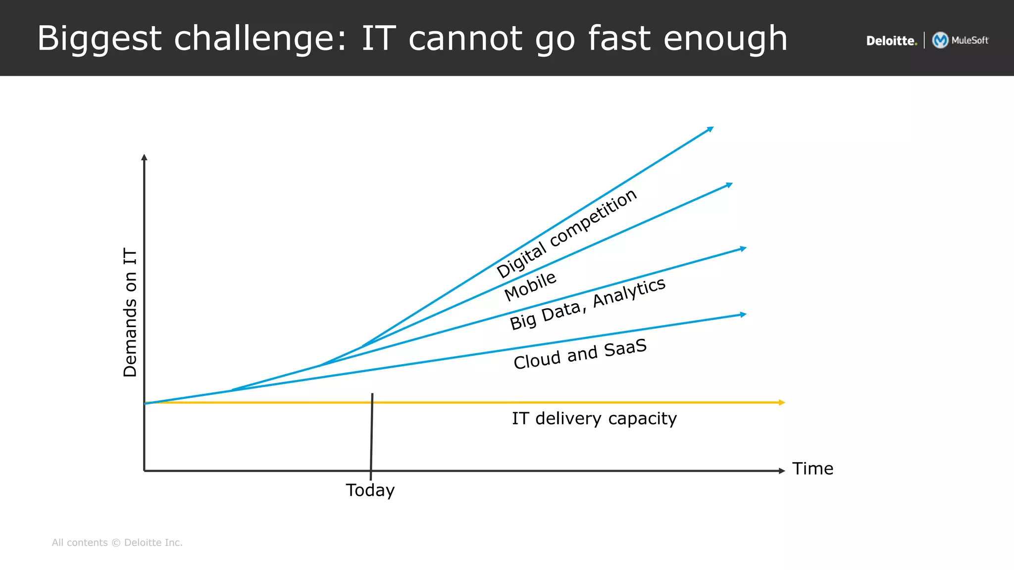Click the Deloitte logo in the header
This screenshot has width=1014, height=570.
click(891, 41)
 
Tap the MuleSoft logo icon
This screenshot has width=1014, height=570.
click(940, 40)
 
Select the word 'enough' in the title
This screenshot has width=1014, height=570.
click(725, 39)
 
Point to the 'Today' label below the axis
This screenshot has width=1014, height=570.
click(370, 490)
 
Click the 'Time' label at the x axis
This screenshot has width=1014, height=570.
click(812, 468)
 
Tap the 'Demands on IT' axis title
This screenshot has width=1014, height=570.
click(130, 313)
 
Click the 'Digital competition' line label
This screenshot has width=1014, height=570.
click(566, 234)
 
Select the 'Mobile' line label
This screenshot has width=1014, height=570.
click(530, 286)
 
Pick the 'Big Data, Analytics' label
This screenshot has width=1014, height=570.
click(588, 303)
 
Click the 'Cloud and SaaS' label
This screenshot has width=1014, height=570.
click(580, 354)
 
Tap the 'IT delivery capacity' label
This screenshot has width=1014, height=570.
click(594, 419)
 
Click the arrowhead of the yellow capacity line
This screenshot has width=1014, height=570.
click(782, 402)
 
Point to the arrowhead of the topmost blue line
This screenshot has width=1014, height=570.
click(710, 129)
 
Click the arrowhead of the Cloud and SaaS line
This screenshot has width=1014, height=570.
click(743, 314)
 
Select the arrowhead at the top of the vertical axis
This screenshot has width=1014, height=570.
click(144, 157)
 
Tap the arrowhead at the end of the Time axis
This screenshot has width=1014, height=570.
click(782, 471)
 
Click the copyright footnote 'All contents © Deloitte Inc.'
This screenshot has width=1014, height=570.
click(117, 542)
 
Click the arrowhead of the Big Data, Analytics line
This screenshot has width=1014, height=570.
click(743, 248)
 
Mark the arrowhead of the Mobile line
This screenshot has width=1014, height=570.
click(729, 185)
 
